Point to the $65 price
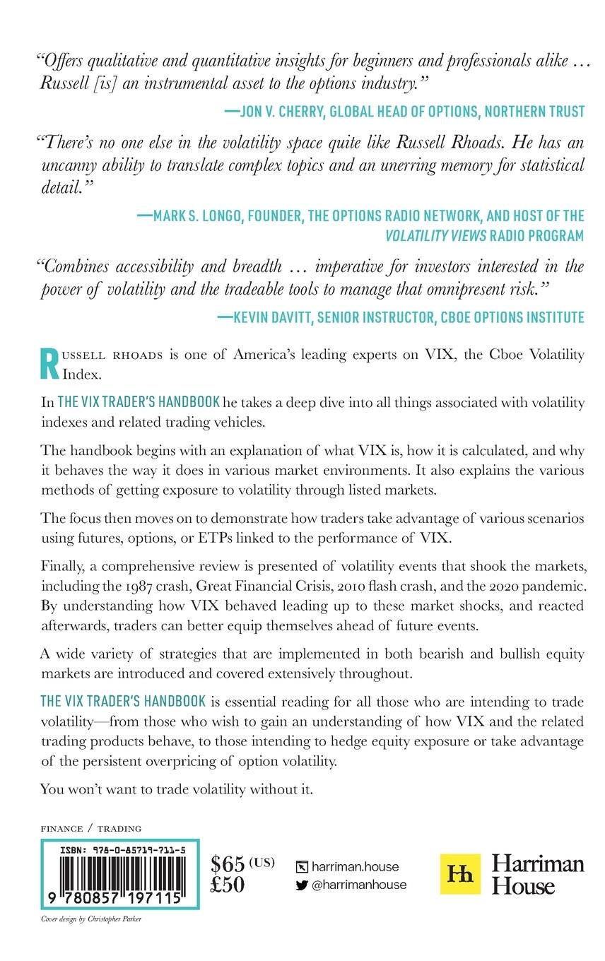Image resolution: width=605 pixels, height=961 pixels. (228, 864)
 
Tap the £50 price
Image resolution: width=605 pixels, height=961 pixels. (227, 885)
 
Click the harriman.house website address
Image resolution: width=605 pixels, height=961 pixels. (355, 866)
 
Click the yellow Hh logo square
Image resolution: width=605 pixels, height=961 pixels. (460, 874)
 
